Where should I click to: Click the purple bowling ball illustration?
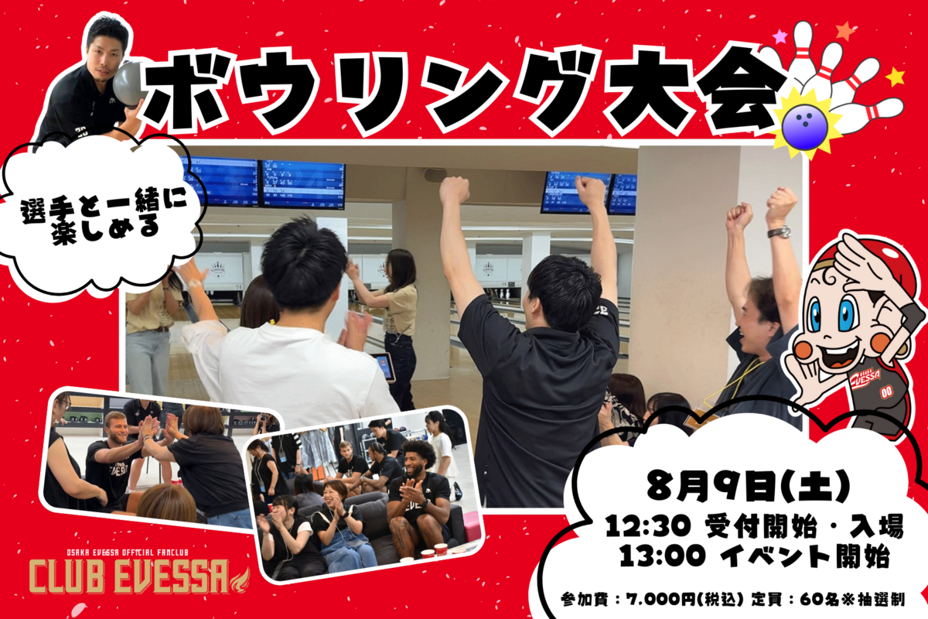[804, 125]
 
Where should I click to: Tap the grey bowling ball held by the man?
[128, 84]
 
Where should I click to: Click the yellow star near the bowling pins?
[896, 77]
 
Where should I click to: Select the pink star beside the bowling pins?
[780, 36]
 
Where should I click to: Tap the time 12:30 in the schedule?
[647, 527]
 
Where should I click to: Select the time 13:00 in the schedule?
[663, 556]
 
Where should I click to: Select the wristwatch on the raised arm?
[779, 232]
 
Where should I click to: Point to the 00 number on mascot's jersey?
[885, 392]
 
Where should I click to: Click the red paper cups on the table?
[434, 550]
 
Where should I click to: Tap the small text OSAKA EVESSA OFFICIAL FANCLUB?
[128, 552]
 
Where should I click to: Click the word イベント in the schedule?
[774, 556]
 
